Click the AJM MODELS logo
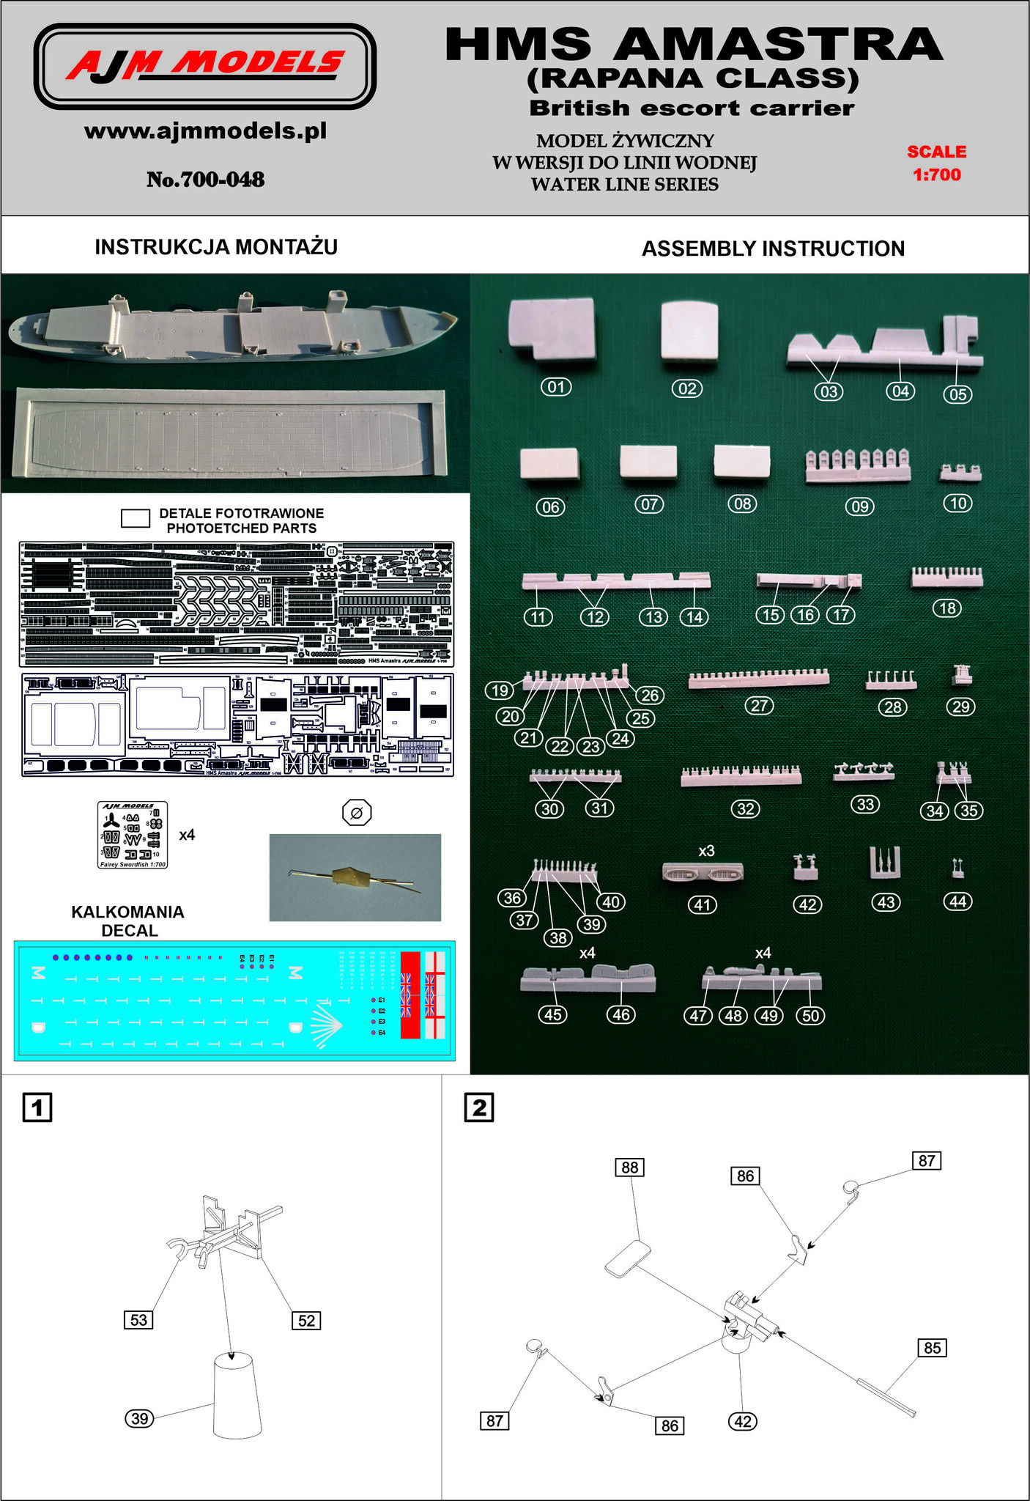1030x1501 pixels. click(205, 66)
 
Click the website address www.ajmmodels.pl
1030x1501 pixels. click(205, 132)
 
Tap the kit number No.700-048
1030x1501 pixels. click(205, 180)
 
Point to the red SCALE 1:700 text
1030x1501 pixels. click(936, 163)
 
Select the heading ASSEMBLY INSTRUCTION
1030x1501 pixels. click(773, 248)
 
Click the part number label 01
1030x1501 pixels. click(556, 387)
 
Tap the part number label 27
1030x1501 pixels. click(760, 706)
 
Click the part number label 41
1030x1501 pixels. click(703, 905)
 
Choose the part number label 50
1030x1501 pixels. click(811, 1015)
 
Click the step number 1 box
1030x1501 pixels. click(37, 1107)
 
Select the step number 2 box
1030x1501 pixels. click(479, 1107)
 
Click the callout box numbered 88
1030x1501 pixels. click(630, 1167)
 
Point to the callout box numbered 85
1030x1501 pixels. click(932, 1348)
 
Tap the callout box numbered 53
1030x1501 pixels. click(138, 1320)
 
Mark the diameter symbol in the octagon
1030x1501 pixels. click(357, 813)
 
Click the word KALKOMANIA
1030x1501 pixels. click(127, 912)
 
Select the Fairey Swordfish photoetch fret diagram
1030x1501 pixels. click(133, 835)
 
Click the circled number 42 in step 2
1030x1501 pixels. click(743, 1421)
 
